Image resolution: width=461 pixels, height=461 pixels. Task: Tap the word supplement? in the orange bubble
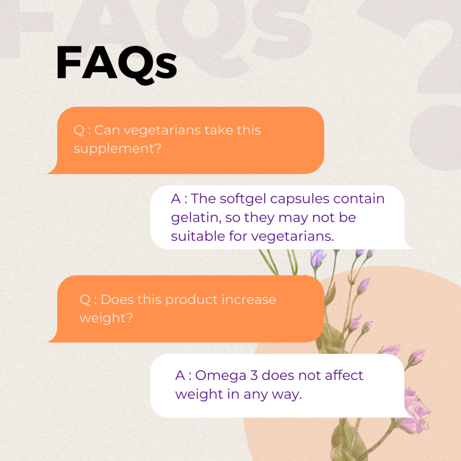tap(117, 149)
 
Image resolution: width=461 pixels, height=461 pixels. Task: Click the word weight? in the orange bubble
tap(106, 318)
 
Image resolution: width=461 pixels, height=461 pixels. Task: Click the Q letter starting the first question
tap(79, 131)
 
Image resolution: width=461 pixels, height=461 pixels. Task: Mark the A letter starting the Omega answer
tap(180, 375)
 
